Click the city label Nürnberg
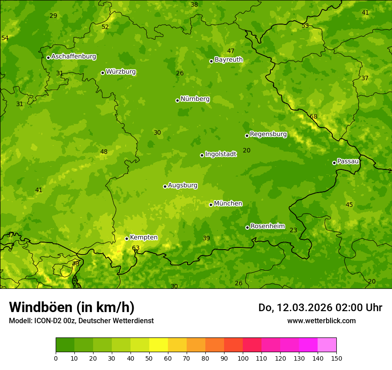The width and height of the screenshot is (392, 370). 195,99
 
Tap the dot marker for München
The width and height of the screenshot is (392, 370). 211,205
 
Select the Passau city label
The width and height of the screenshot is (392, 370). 348,161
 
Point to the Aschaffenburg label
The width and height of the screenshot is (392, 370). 73,57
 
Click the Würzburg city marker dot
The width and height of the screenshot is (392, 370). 102,73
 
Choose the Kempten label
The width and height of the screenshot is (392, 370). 143,238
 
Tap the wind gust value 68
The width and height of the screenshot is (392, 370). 314,117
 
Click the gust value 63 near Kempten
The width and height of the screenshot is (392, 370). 136,248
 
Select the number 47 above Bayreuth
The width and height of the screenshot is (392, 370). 231,51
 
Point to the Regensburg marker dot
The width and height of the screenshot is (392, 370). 247,136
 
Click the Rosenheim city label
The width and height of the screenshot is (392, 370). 267,226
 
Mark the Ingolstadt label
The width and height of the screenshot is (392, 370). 220,154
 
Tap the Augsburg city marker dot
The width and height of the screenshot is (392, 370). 165,186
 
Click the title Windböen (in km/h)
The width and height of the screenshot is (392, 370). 71,307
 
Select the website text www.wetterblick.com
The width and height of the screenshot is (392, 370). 321,321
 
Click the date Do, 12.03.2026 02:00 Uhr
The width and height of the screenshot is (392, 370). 320,308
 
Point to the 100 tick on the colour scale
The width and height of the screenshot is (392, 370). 243,358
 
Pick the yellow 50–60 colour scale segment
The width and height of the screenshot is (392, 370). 159,345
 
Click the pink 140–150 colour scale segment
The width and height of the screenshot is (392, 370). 327,345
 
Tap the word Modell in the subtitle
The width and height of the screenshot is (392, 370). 20,321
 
